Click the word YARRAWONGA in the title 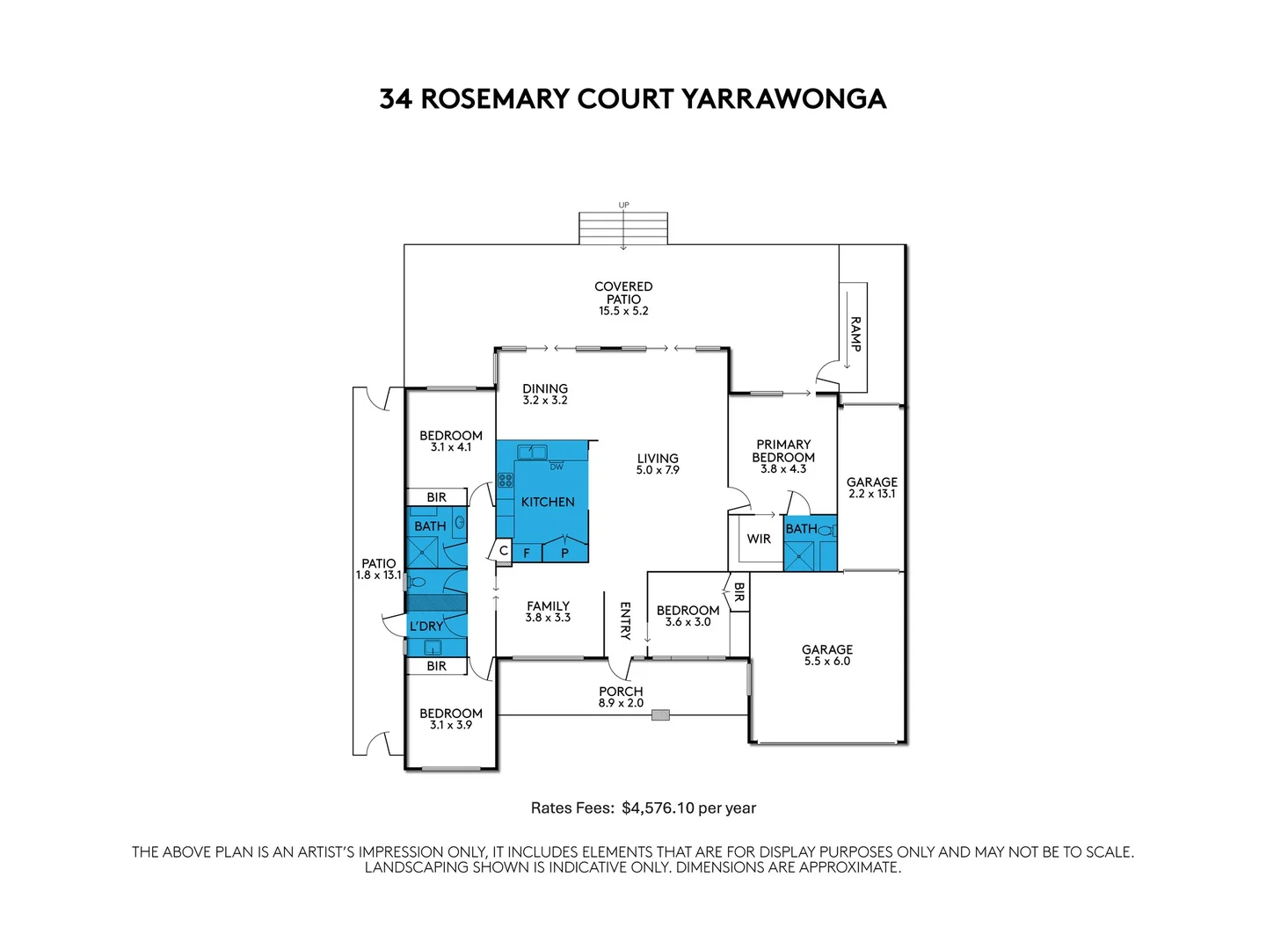click(783, 98)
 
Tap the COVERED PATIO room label click(623, 293)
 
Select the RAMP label click(855, 334)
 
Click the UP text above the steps click(623, 206)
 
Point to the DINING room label click(545, 388)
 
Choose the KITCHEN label click(548, 502)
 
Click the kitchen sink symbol click(531, 453)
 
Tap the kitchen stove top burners click(506, 480)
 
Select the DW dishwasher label click(557, 467)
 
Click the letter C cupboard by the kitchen click(504, 551)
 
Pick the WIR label click(759, 539)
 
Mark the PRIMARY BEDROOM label click(783, 451)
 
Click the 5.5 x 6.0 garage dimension click(827, 662)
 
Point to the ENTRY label click(625, 620)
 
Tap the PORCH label click(621, 692)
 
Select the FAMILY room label click(548, 605)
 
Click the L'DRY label click(426, 627)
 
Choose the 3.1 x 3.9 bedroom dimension click(451, 725)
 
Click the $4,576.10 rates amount click(658, 808)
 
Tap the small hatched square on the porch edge click(660, 715)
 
